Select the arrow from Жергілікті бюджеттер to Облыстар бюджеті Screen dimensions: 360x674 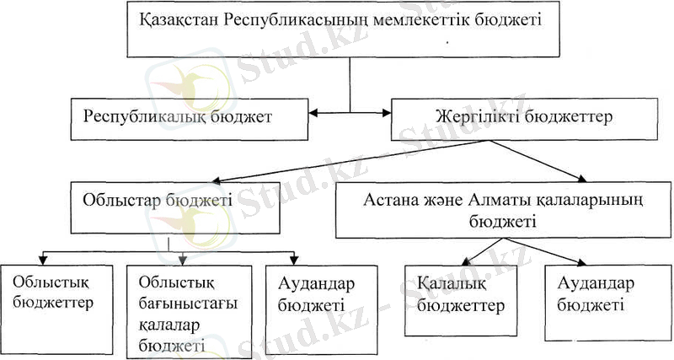pos(337,159)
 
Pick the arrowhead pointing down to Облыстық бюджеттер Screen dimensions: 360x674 pos(45,256)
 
